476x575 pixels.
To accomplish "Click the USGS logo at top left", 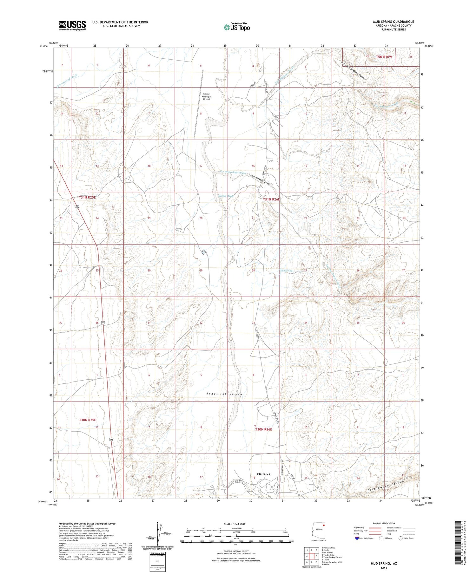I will coord(72,25).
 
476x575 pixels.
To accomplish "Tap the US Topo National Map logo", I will coord(236,27).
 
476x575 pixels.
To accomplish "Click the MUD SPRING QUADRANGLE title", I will coord(393,22).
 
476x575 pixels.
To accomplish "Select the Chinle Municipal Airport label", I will coord(206,96).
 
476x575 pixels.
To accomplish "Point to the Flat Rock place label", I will coord(264,474).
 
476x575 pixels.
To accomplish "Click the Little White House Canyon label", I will coord(354,70).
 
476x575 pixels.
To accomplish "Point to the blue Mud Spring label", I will coord(286,271).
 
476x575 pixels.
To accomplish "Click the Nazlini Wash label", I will coord(226,196).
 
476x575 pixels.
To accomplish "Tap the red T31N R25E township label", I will coord(87,197).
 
